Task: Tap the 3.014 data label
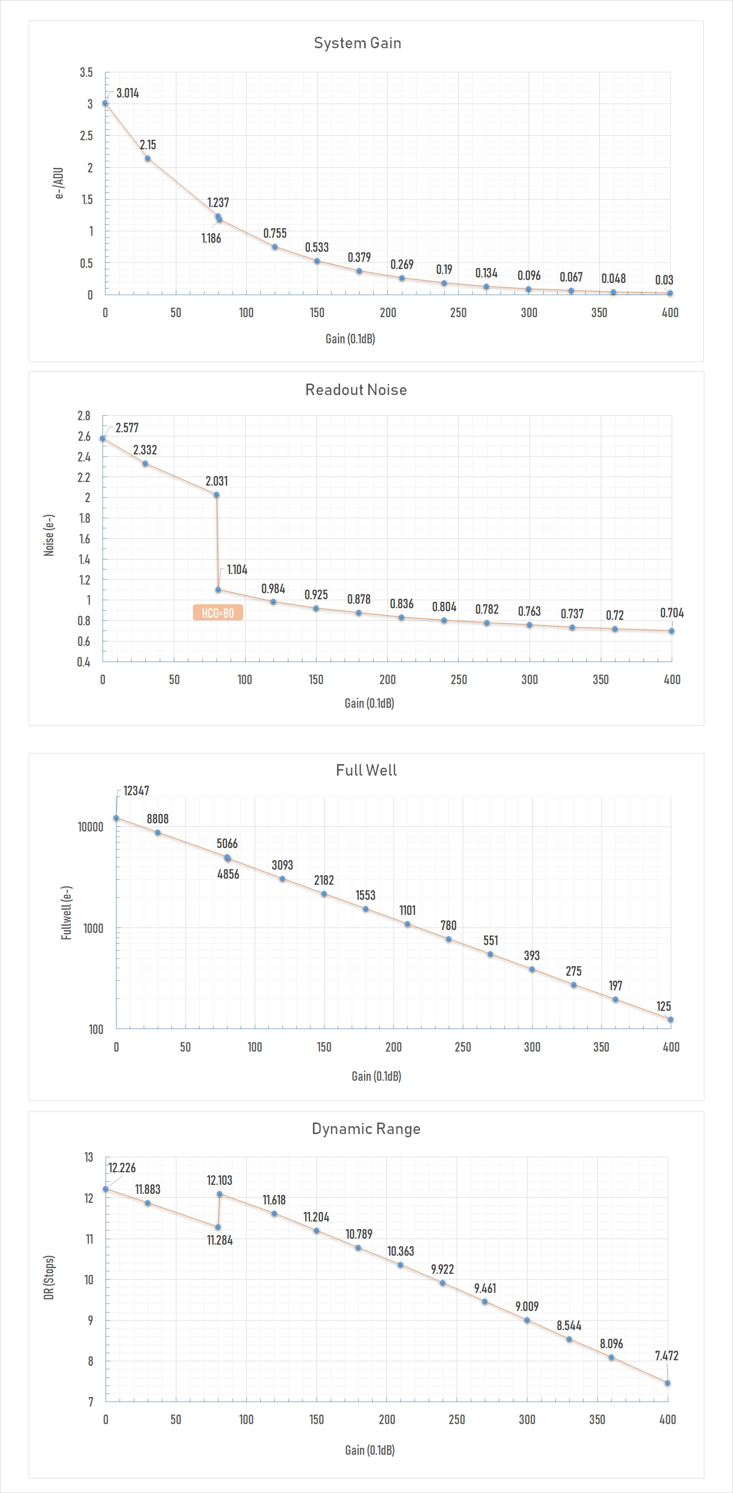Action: (x=128, y=94)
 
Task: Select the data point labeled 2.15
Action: (x=148, y=158)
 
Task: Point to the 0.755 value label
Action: (x=275, y=233)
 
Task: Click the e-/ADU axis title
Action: (x=59, y=183)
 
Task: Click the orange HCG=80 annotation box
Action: (x=218, y=613)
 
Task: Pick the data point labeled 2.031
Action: (x=217, y=494)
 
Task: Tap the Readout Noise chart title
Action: (x=356, y=390)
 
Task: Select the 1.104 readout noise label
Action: (x=237, y=570)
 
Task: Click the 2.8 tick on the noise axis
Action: (x=84, y=416)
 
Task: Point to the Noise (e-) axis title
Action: (x=49, y=535)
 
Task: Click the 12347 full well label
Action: (x=136, y=791)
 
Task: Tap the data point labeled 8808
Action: (x=158, y=832)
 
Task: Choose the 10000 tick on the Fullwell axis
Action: (x=90, y=827)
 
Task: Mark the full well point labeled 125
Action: (x=670, y=1019)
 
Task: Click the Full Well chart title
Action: (x=366, y=770)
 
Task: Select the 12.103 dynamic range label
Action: (x=220, y=1180)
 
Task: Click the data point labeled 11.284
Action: (x=218, y=1227)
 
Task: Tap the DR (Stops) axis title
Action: (x=49, y=1277)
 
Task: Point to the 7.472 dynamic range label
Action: (x=666, y=1356)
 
